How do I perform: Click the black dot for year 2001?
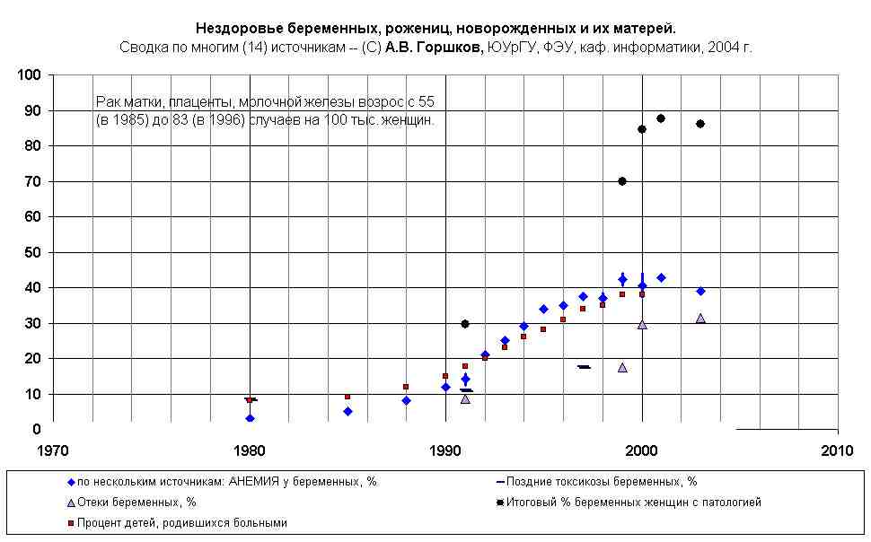pos(661,118)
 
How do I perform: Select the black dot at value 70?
pos(622,181)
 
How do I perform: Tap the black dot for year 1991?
pos(465,324)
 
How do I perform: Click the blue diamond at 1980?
pos(250,418)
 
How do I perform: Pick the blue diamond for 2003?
pos(700,291)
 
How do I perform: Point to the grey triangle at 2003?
pos(700,319)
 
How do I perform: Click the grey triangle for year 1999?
pos(622,367)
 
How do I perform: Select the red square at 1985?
pos(348,397)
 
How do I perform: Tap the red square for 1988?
pos(406,387)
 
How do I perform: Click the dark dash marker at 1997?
pos(584,367)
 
